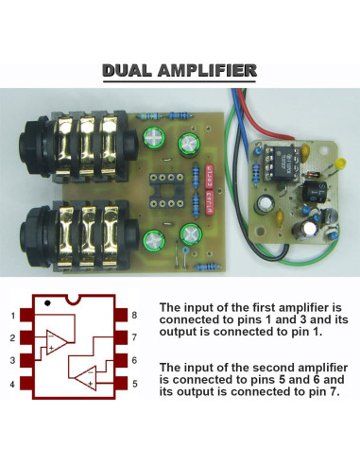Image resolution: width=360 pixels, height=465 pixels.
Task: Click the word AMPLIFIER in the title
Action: pyautogui.click(x=208, y=71)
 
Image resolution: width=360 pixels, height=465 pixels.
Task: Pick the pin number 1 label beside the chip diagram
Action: pyautogui.click(x=12, y=316)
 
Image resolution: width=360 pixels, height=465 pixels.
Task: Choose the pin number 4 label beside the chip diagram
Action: pyautogui.click(x=12, y=384)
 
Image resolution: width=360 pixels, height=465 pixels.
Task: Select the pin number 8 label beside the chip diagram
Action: pyautogui.click(x=136, y=316)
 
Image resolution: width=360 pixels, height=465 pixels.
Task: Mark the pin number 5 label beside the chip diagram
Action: pyautogui.click(x=136, y=384)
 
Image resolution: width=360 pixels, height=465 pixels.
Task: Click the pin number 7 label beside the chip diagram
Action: pyautogui.click(x=136, y=338)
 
